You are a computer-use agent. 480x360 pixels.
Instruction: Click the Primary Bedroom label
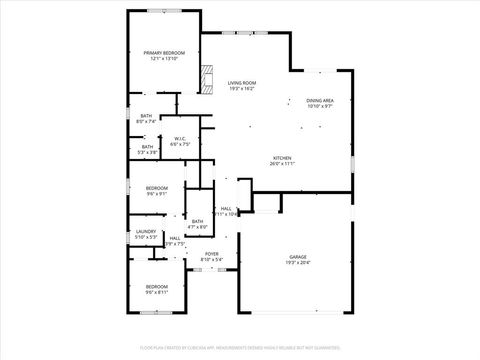pyautogui.click(x=164, y=52)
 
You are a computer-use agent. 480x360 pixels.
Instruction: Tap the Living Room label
pyautogui.click(x=242, y=83)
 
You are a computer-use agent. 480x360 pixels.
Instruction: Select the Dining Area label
pyautogui.click(x=320, y=100)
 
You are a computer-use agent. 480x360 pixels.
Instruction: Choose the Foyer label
pyautogui.click(x=212, y=254)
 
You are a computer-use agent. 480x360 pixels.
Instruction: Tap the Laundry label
pyautogui.click(x=146, y=233)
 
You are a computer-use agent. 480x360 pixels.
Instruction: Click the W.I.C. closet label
pyautogui.click(x=180, y=139)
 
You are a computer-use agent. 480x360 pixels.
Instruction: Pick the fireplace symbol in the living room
pyautogui.click(x=208, y=78)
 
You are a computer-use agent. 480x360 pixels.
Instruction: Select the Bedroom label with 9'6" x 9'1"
pyautogui.click(x=157, y=188)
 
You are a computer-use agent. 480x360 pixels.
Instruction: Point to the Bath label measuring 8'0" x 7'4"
pyautogui.click(x=146, y=116)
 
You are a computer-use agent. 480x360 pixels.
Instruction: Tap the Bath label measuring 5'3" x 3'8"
pyautogui.click(x=147, y=147)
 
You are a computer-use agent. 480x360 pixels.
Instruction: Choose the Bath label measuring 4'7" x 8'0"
pyautogui.click(x=197, y=221)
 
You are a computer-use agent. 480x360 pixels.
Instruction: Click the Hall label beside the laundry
pyautogui.click(x=175, y=238)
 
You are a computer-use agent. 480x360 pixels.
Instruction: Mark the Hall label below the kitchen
pyautogui.click(x=226, y=208)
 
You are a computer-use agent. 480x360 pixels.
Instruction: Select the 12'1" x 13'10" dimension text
pyautogui.click(x=164, y=59)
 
